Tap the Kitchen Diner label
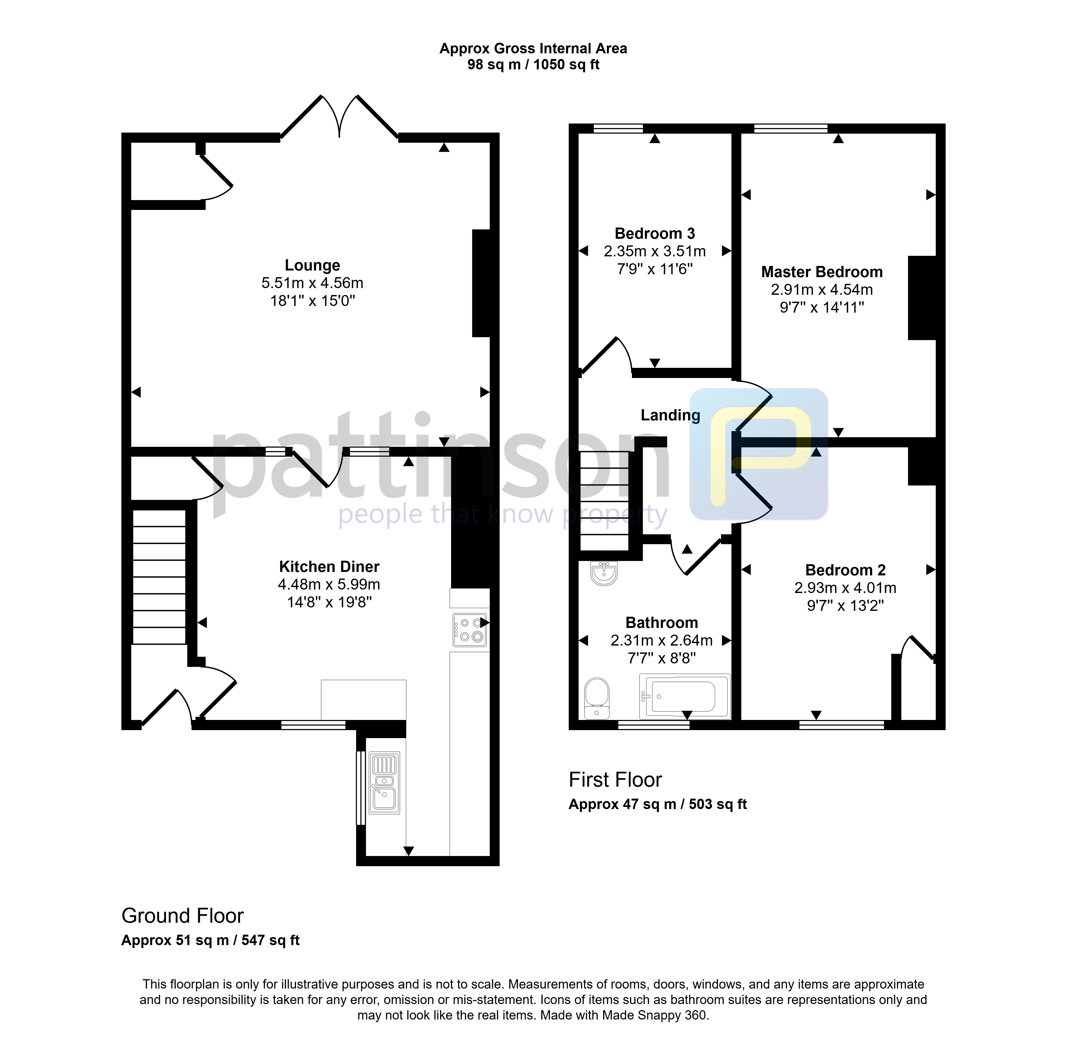click(x=329, y=566)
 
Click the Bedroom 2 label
click(x=845, y=570)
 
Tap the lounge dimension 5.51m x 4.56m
click(x=312, y=283)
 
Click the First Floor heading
click(x=615, y=779)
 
